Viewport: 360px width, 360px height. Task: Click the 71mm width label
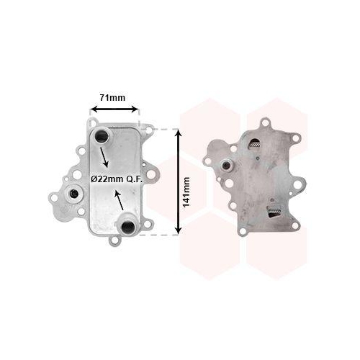(112, 98)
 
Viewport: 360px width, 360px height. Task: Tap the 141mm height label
(186, 192)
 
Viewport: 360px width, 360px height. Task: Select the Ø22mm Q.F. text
(117, 179)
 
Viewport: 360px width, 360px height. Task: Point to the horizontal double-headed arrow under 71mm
(115, 109)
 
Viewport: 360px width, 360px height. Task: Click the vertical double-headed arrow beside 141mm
(178, 181)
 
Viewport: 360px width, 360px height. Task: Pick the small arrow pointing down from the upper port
(104, 157)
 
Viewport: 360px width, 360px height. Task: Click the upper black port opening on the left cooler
(99, 137)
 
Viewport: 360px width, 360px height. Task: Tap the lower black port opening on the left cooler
(127, 226)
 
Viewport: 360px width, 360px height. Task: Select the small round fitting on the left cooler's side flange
(73, 194)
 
